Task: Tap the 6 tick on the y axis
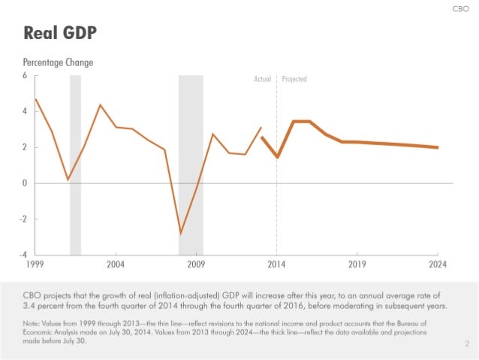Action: click(25, 76)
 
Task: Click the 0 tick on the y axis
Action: click(25, 183)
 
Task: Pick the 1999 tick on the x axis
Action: click(35, 265)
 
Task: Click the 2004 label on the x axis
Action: click(116, 265)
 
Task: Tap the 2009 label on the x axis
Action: click(196, 265)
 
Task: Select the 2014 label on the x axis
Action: click(276, 265)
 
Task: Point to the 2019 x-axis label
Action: click(357, 265)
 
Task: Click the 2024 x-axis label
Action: click(438, 265)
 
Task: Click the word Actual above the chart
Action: click(262, 79)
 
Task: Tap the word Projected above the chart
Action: click(294, 79)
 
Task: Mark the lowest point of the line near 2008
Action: click(180, 233)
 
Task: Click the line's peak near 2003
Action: click(100, 104)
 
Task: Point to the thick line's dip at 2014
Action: click(277, 157)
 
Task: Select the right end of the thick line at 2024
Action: click(438, 147)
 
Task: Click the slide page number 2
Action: click(466, 344)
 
